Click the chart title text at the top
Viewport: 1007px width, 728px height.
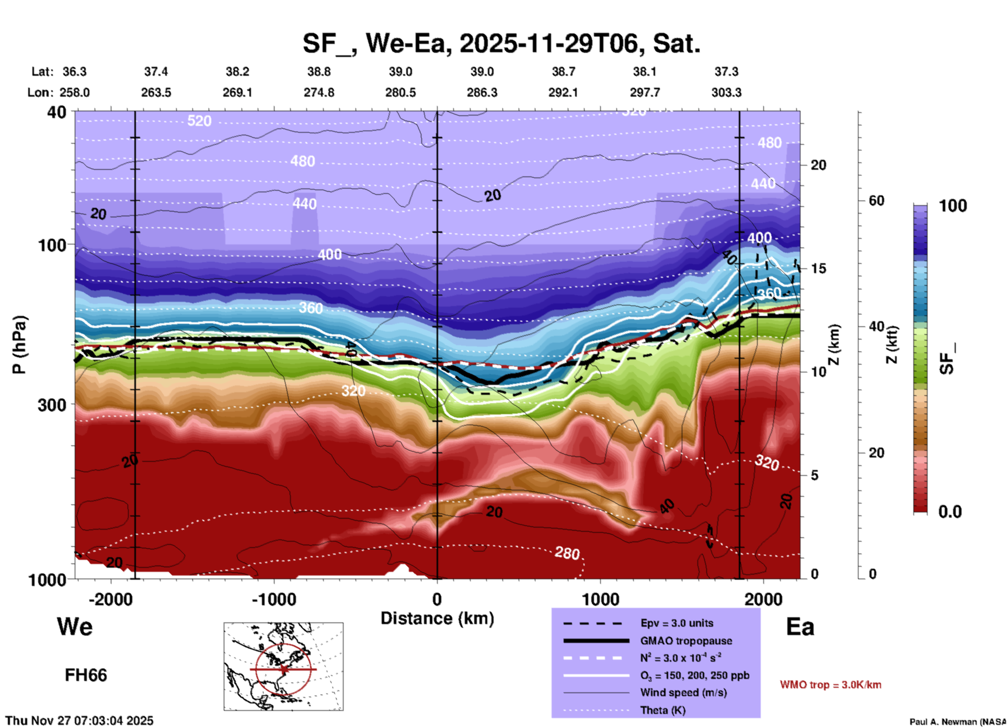point(501,43)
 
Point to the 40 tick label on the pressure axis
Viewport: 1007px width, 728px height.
point(57,112)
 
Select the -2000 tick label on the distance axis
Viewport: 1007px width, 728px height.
point(110,600)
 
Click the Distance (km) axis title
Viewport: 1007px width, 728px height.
point(437,618)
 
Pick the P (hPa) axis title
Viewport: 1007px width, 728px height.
point(19,345)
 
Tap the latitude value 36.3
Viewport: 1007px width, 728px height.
point(74,72)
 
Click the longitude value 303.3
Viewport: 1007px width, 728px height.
point(726,92)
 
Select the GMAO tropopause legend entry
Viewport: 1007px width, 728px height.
point(686,641)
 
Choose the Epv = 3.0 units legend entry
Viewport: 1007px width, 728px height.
point(677,623)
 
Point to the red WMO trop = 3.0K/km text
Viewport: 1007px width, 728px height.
point(830,685)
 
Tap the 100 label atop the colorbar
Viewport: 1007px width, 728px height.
point(953,206)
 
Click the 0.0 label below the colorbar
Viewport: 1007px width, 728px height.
point(950,512)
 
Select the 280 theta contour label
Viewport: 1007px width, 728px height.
point(567,553)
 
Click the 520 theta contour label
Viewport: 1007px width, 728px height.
point(199,121)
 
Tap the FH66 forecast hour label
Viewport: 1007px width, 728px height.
point(86,675)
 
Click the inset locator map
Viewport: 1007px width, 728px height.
point(283,666)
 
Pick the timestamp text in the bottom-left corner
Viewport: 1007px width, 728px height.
point(79,721)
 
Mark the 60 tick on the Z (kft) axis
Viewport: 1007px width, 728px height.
point(876,201)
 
